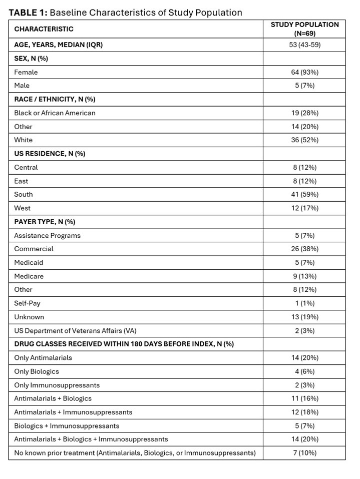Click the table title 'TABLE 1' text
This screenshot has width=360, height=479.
pyautogui.click(x=28, y=13)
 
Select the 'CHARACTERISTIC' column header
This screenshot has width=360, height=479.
pyautogui.click(x=44, y=29)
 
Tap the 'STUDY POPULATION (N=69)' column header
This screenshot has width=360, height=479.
pyautogui.click(x=304, y=29)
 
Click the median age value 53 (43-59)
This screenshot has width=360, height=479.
pyautogui.click(x=304, y=45)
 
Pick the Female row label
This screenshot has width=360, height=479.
pyautogui.click(x=26, y=72)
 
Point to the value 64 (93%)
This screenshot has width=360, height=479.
pyautogui.click(x=304, y=72)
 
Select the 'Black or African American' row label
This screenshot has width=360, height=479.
pyautogui.click(x=55, y=113)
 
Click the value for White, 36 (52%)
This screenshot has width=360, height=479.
pyautogui.click(x=304, y=140)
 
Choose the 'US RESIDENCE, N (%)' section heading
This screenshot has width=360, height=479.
pyautogui.click(x=50, y=154)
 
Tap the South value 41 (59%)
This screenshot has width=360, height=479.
pyautogui.click(x=304, y=194)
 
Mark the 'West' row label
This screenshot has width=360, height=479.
pyautogui.click(x=22, y=208)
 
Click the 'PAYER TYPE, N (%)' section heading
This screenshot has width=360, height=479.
pyautogui.click(x=45, y=222)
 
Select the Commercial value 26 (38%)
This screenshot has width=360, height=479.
pyautogui.click(x=304, y=249)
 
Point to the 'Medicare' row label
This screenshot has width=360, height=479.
pyautogui.click(x=29, y=276)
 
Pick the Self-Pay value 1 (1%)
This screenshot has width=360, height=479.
pyautogui.click(x=304, y=303)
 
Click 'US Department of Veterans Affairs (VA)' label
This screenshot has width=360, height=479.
pyautogui.click(x=75, y=330)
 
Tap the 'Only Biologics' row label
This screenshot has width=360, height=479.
pyautogui.click(x=37, y=371)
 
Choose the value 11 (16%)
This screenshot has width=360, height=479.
pyautogui.click(x=304, y=398)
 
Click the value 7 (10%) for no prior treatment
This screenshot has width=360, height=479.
pyautogui.click(x=304, y=453)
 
